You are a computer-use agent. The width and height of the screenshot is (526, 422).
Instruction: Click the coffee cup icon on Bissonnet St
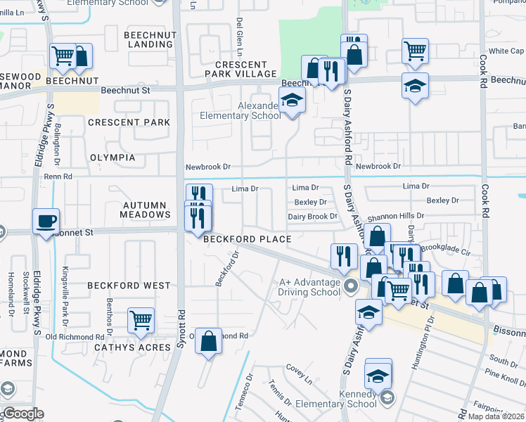tap(46, 222)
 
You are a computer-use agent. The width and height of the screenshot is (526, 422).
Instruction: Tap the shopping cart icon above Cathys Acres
tap(141, 321)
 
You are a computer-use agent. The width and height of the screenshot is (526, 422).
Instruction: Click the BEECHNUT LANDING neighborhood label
tap(148, 39)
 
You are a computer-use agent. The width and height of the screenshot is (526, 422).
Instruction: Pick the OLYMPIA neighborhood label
tap(113, 158)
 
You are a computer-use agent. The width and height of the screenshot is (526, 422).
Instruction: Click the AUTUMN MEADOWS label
tap(146, 210)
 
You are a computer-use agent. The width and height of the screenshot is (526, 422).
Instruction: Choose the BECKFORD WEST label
tap(129, 286)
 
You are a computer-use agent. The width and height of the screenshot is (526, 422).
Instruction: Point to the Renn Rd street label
tap(58, 177)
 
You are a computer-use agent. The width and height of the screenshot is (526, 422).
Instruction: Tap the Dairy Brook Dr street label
tap(313, 217)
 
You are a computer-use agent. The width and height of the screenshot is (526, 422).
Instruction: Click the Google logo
tap(23, 414)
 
